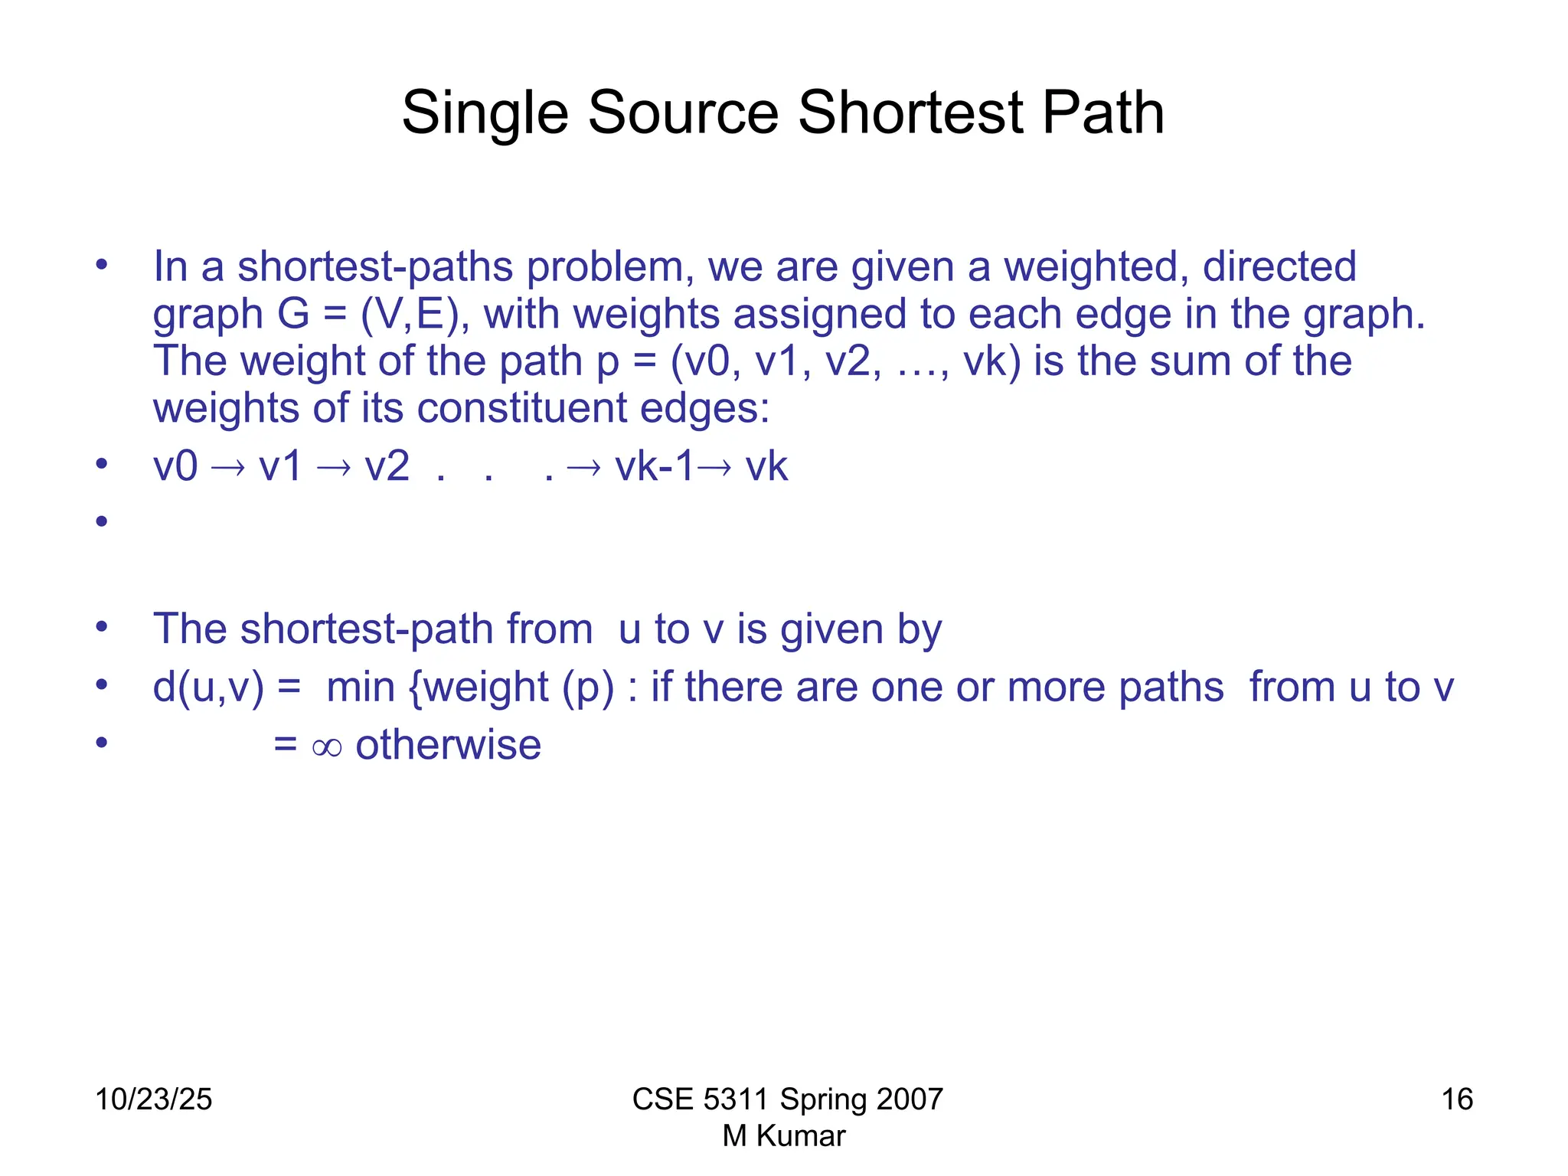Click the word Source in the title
[683, 113]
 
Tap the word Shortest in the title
[911, 113]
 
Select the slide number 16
[1456, 1099]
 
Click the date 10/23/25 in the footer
[153, 1099]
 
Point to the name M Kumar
[784, 1136]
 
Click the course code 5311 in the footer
[735, 1099]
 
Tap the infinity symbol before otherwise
[327, 746]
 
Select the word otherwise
[448, 745]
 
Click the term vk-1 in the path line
[654, 466]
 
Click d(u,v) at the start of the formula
[207, 687]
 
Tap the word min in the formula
[360, 687]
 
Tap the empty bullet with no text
[102, 522]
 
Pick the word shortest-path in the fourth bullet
[373, 629]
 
